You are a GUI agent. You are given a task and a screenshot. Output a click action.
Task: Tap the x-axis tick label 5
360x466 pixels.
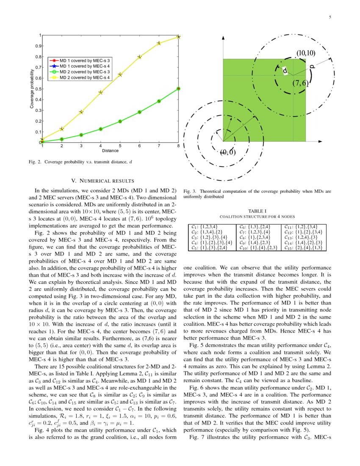click(120, 146)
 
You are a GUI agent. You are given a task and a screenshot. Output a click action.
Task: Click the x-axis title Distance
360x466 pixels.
click(110, 150)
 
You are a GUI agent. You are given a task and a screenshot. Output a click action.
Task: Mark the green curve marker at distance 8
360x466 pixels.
click(178, 89)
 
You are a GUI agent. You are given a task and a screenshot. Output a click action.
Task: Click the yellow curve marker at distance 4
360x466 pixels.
click(100, 92)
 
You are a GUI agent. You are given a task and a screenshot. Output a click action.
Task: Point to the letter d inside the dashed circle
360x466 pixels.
click(285, 71)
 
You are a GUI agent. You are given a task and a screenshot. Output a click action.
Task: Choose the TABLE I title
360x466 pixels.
click(257, 211)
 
